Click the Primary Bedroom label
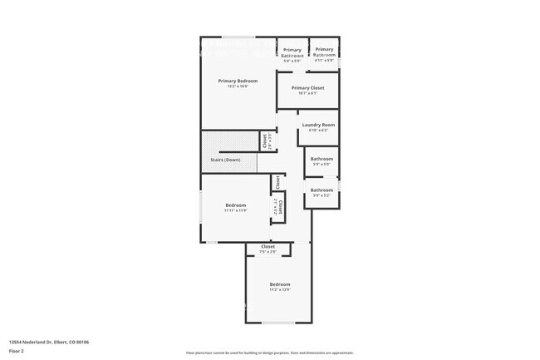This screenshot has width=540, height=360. click(238, 81)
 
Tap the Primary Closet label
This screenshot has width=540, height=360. click(307, 87)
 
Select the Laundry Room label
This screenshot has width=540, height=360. click(318, 125)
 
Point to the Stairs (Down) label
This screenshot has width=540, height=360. click(238, 160)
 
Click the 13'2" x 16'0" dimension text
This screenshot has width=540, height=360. click(238, 86)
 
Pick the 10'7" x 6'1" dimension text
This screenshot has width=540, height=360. click(307, 93)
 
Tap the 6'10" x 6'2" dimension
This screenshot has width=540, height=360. click(318, 131)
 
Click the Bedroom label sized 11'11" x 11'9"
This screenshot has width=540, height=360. click(236, 205)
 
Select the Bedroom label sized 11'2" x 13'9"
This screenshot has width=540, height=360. click(279, 284)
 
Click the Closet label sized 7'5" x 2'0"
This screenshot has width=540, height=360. click(268, 246)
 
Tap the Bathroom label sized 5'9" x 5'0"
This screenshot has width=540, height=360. click(322, 159)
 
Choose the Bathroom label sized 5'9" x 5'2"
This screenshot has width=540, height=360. click(322, 190)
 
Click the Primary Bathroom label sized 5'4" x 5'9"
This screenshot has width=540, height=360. click(292, 52)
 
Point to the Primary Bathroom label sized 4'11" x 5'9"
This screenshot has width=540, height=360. click(324, 52)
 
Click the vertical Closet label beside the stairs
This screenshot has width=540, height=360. click(265, 141)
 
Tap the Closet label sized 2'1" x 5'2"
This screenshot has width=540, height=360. click(280, 207)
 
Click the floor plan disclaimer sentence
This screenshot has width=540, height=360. click(269, 353)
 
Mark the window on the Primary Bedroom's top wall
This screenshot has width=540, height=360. click(238, 37)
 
